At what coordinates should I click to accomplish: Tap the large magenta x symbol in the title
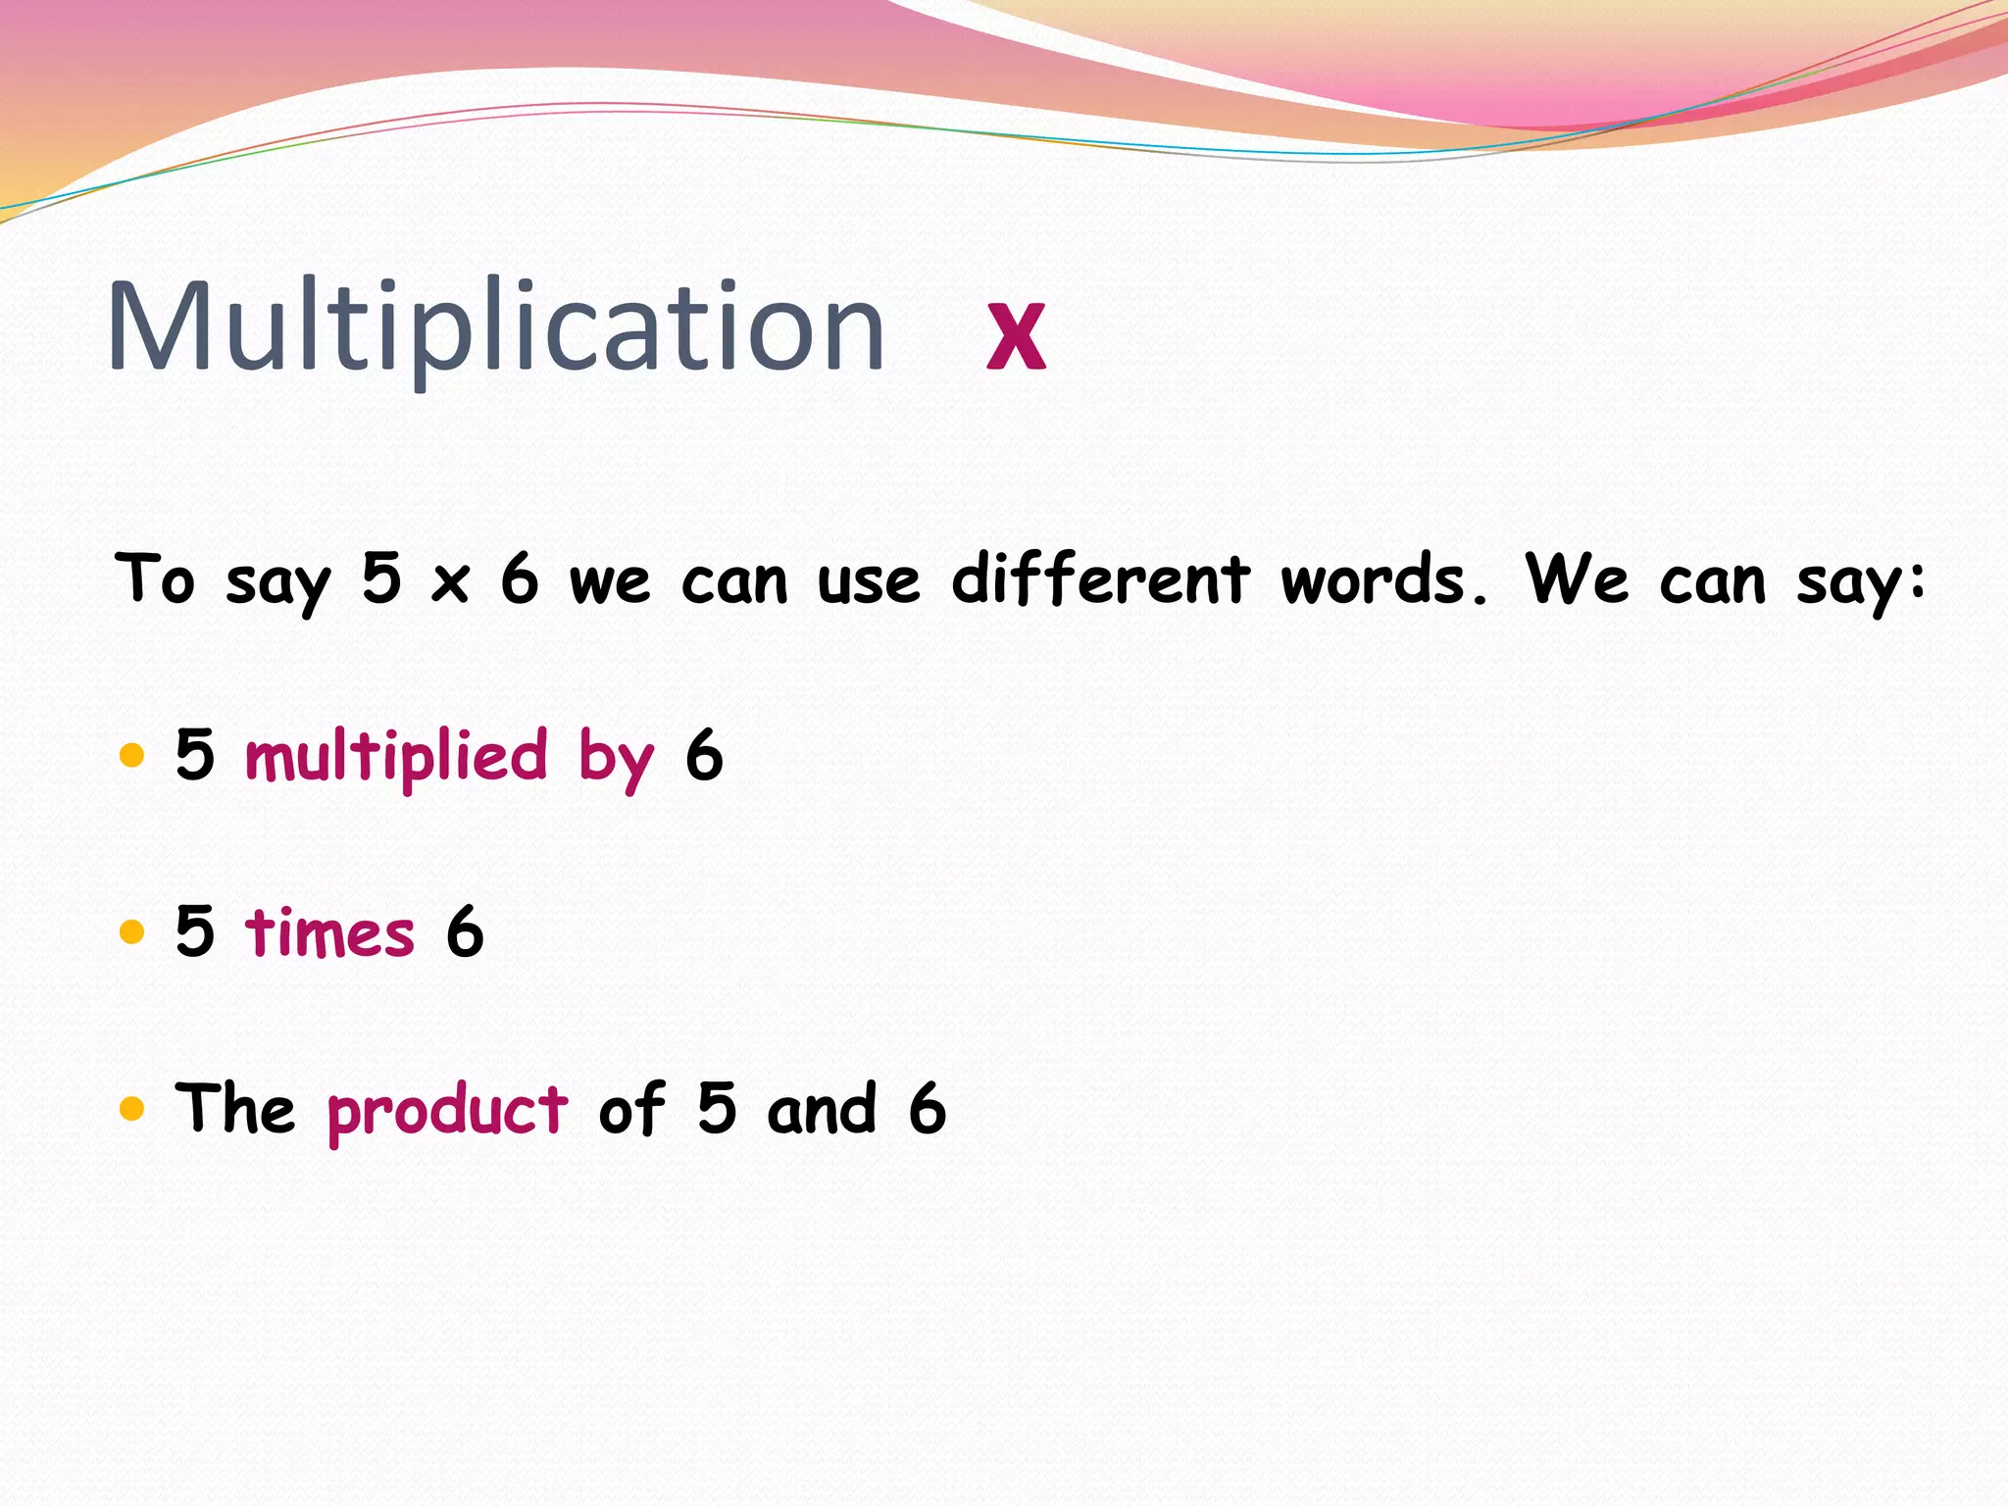coord(1016,335)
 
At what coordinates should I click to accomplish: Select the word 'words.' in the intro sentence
coord(1383,580)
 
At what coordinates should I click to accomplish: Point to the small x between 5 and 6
coord(450,583)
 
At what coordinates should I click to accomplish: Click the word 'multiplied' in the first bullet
coord(396,757)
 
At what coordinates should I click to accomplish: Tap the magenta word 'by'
coord(616,760)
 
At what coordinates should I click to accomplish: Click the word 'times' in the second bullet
coord(329,932)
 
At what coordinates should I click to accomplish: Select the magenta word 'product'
coord(447,1111)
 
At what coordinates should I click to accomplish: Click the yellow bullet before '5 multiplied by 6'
coord(131,756)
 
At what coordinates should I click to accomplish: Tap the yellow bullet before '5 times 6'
coord(131,931)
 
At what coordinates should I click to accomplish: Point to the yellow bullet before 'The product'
coord(131,1109)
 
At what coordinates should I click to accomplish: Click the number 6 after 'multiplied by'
coord(704,756)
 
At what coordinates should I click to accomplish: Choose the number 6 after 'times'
coord(465,931)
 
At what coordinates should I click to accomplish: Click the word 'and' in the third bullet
coord(822,1110)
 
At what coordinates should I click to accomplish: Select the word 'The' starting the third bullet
coord(235,1108)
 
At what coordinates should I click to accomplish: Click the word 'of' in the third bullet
coord(631,1109)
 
